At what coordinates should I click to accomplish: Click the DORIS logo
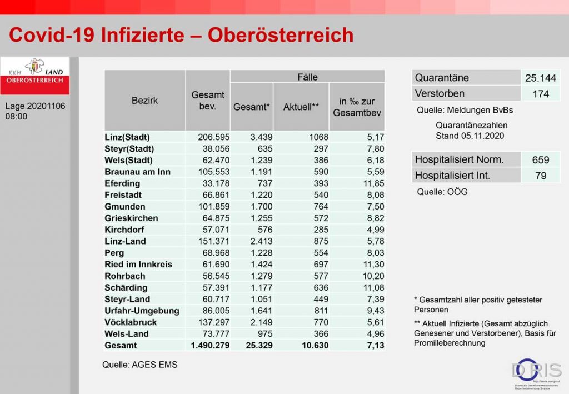coord(536,373)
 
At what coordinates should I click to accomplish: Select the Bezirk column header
coord(144,101)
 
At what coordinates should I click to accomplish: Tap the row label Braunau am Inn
coord(137,172)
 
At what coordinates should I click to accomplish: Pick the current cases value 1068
coord(318,137)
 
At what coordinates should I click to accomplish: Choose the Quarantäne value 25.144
coord(540,78)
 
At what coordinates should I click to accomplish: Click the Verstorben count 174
coord(540,94)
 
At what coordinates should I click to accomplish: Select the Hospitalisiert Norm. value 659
coord(540,160)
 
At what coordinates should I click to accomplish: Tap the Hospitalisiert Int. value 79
coord(540,176)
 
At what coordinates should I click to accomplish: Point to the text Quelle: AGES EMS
coord(140,365)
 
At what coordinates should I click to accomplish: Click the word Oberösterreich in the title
coord(281,35)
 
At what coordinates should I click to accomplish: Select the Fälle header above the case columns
coord(307,77)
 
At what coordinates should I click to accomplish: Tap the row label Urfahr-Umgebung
coord(142,311)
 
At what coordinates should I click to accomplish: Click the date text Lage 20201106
coord(35,106)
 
